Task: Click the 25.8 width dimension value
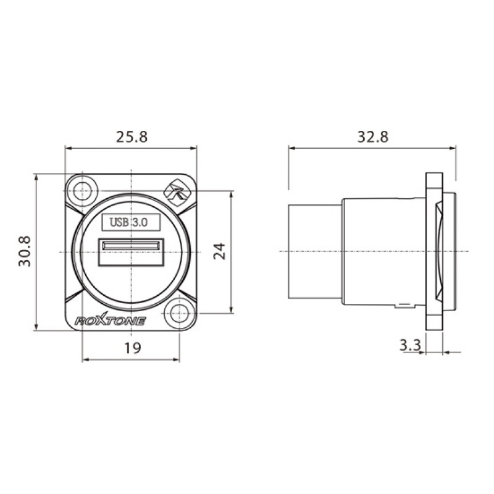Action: tap(132, 136)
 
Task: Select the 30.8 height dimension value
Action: tap(25, 251)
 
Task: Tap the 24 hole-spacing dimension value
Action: tap(220, 251)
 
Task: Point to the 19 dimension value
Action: tap(133, 348)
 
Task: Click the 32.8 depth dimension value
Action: tap(373, 136)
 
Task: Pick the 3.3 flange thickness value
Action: tap(410, 346)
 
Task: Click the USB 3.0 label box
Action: tap(131, 222)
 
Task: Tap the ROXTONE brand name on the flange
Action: tap(110, 320)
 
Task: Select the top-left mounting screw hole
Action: tap(82, 191)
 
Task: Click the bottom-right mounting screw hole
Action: tap(179, 314)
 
